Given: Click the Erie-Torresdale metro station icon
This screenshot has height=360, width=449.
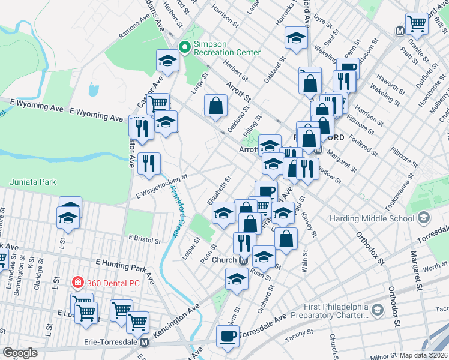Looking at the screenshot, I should click(144, 343).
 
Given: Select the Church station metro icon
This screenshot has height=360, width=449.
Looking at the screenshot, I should click(244, 260).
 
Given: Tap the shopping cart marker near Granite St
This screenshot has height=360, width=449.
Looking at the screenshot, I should click(416, 24).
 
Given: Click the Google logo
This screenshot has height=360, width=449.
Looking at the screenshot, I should click(20, 353).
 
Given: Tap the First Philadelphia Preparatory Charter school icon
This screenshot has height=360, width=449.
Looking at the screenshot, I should click(377, 310).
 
